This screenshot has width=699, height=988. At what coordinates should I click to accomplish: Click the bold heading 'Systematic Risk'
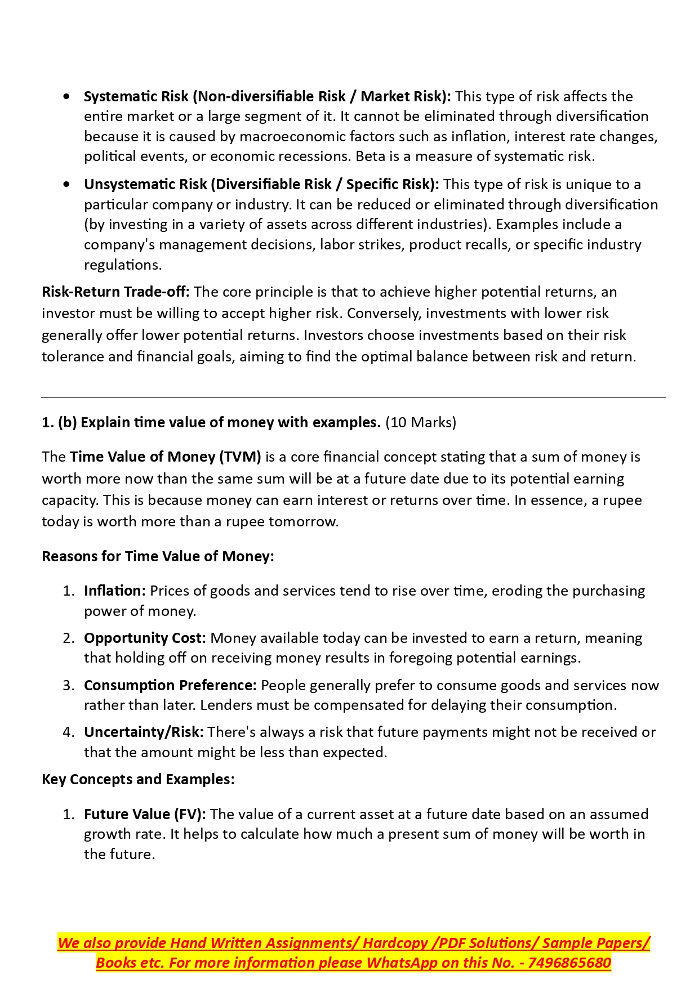(136, 96)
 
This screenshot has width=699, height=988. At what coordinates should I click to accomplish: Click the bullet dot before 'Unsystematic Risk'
(68, 184)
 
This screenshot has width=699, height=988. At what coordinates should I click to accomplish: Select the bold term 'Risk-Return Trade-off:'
(115, 292)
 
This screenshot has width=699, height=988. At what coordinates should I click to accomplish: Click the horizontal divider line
(353, 397)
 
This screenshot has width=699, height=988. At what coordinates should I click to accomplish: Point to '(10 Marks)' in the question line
(421, 422)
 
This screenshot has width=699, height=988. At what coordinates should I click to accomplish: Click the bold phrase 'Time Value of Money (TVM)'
(165, 457)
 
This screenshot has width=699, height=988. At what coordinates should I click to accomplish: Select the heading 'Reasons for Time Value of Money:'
(158, 556)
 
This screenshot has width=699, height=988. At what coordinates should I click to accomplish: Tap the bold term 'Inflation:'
(115, 591)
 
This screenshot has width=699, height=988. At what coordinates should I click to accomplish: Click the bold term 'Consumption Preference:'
(170, 685)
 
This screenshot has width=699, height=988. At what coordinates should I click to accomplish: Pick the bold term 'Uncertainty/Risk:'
(144, 732)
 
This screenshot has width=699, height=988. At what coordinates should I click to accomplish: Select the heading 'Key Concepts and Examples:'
(138, 779)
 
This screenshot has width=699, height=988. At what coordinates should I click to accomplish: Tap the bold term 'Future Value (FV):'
(145, 814)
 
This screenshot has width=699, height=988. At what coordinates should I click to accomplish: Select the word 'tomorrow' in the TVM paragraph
(303, 521)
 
